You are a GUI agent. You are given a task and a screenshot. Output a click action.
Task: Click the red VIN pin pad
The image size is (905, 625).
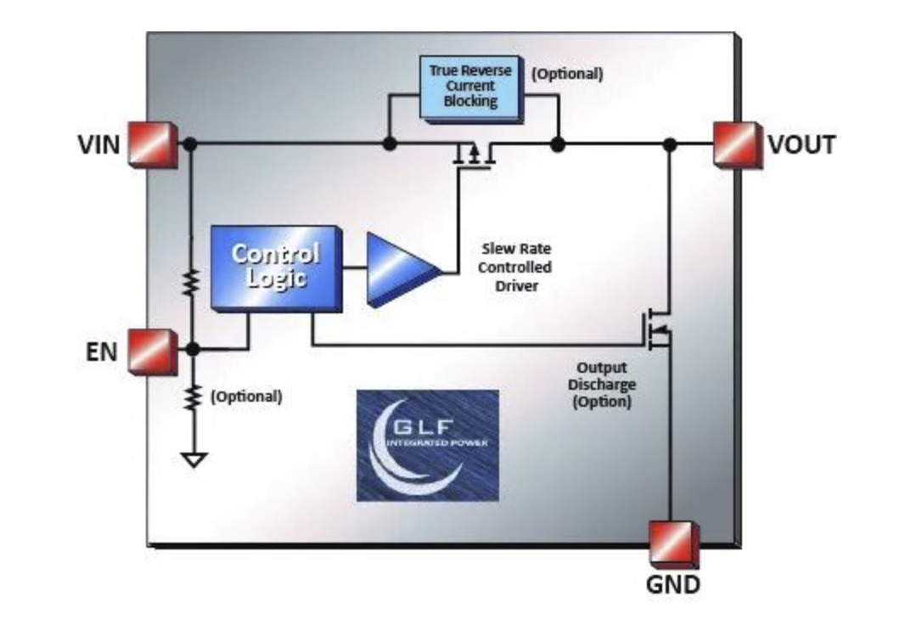coord(154,144)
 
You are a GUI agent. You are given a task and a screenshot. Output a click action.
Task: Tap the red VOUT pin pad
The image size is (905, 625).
coord(736,144)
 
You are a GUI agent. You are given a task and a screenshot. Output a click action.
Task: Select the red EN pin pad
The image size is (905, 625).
coord(154,350)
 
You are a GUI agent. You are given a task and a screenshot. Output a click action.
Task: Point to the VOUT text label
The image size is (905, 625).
coord(801,145)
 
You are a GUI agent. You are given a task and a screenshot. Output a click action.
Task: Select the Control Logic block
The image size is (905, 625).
coord(275,266)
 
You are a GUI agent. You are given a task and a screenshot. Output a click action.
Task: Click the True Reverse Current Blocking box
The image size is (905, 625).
coord(469,85)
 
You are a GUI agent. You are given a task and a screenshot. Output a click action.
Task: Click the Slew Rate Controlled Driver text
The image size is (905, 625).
coord(516,267)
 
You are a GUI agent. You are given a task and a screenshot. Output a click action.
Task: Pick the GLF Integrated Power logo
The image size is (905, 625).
coord(427,445)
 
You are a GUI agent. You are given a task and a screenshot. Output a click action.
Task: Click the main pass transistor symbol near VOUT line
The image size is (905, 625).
coord(473,156)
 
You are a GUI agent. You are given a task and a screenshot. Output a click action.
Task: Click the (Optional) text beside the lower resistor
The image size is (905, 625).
coord(246,397)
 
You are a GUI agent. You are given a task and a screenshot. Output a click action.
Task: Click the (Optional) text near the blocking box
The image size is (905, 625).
coord(567,74)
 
